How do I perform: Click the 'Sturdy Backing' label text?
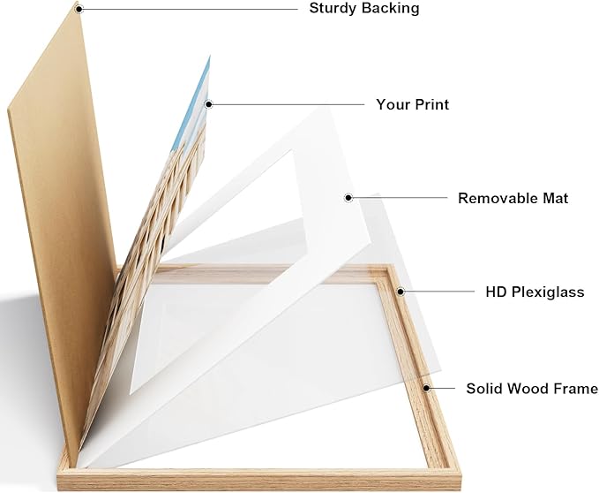(x=364, y=9)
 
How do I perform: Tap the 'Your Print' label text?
(x=412, y=104)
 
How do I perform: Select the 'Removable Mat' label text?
(x=513, y=198)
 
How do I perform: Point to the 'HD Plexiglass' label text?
(x=535, y=292)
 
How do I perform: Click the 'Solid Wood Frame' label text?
(x=532, y=388)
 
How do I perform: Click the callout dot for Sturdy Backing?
(x=79, y=9)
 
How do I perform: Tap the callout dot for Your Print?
(x=208, y=104)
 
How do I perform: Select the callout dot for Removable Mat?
(x=348, y=198)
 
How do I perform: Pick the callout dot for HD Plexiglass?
(x=401, y=292)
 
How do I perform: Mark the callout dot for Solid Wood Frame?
(x=426, y=388)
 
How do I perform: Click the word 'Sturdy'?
(x=332, y=9)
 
